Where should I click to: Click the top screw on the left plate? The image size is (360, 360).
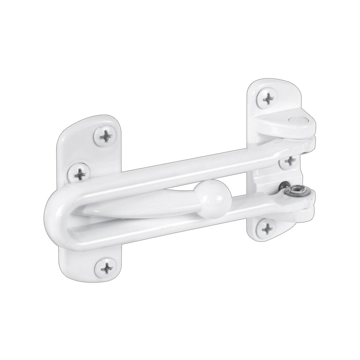(x=106, y=136)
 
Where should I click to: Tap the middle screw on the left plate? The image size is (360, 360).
(x=80, y=174)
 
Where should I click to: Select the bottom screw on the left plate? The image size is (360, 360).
(x=107, y=269)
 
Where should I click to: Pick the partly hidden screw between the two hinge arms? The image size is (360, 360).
(x=289, y=161)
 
